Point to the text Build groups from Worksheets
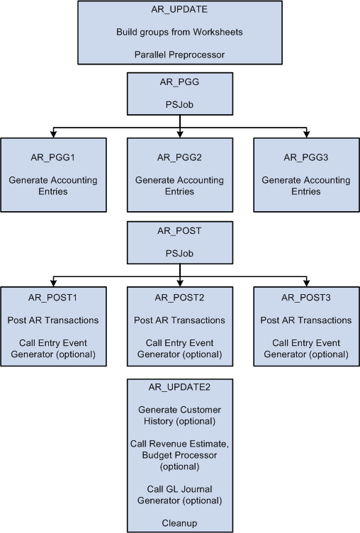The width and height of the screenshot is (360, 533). pyautogui.click(x=180, y=32)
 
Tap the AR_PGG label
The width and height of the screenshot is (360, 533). pyautogui.click(x=180, y=82)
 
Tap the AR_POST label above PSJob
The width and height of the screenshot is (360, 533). pyautogui.click(x=180, y=230)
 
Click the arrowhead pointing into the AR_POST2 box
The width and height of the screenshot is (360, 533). pyautogui.click(x=180, y=282)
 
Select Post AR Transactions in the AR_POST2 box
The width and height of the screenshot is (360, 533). pyautogui.click(x=180, y=320)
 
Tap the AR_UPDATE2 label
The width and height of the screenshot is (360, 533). pyautogui.click(x=180, y=388)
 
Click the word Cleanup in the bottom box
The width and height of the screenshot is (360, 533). pyautogui.click(x=180, y=523)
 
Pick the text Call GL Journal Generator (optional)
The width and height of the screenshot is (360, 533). pyautogui.click(x=180, y=495)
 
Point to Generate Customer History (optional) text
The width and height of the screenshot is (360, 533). pyautogui.click(x=180, y=415)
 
